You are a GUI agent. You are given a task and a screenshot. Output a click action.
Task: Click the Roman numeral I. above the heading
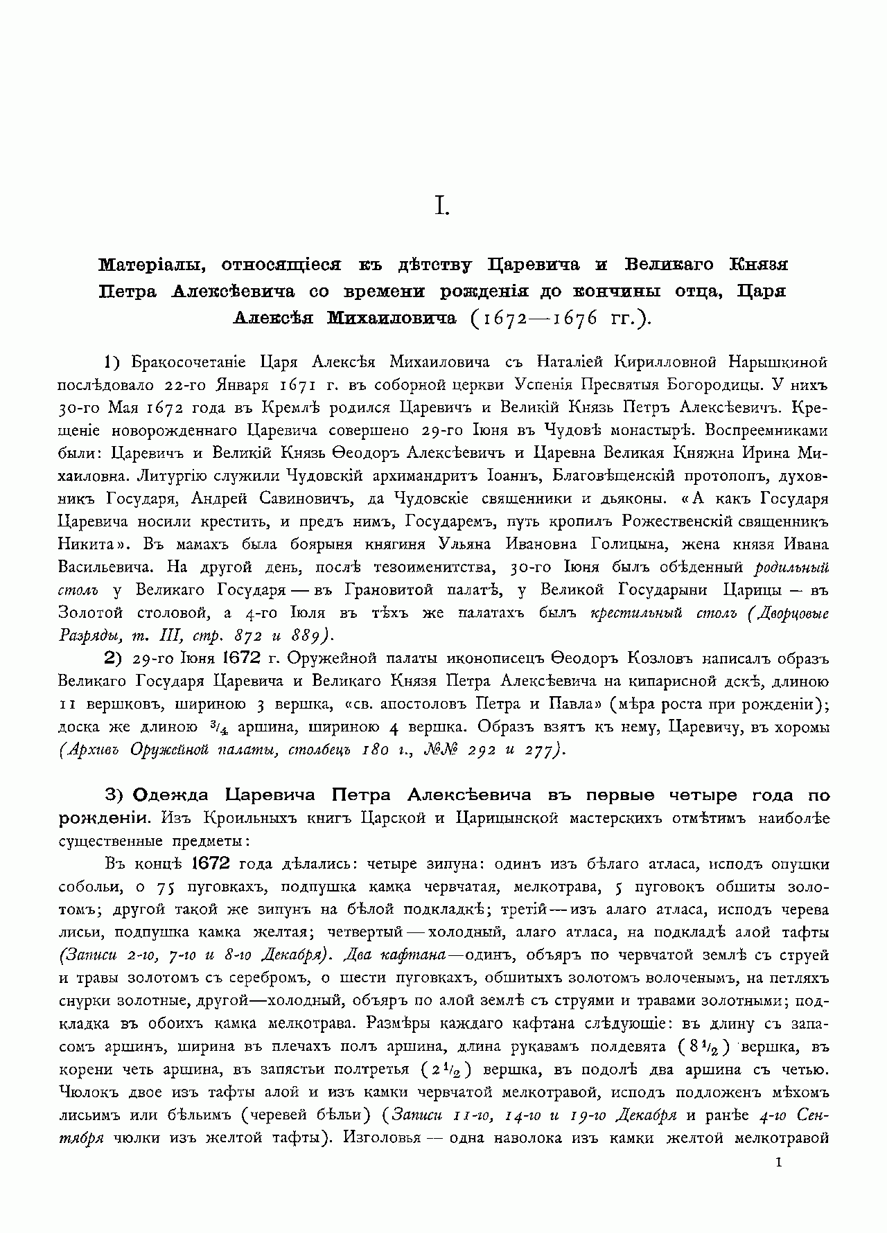pos(442,206)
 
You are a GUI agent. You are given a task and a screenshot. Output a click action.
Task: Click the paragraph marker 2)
pos(113,658)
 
